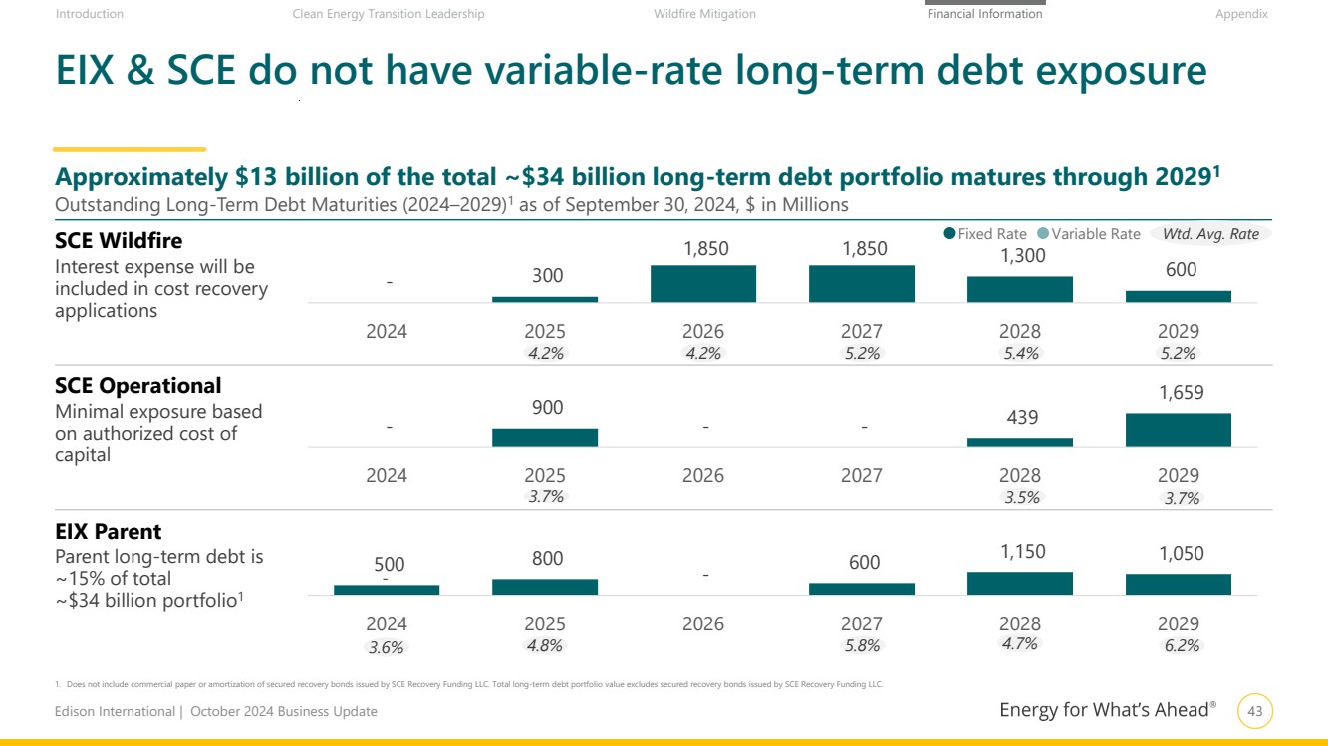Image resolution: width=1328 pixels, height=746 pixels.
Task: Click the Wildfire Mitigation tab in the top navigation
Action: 704,14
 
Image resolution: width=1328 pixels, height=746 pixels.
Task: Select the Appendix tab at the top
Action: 1240,14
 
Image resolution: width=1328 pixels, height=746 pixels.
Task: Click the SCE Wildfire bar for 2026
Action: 703,284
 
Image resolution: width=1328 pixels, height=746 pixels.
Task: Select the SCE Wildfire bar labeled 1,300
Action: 1020,289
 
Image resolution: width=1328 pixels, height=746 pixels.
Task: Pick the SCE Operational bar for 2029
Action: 1179,430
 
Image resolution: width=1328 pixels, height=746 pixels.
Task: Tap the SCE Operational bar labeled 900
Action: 545,437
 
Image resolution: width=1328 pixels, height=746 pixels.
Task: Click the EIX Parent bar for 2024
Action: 387,590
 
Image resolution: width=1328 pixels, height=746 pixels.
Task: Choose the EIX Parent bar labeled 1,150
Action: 1020,584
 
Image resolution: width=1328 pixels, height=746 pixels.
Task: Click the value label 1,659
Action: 1181,393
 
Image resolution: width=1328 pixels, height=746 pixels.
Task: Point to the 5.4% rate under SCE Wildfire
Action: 1020,353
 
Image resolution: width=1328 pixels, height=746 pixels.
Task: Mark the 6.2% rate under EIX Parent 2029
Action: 1182,645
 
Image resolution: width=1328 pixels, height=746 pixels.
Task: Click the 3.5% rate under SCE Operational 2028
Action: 1020,497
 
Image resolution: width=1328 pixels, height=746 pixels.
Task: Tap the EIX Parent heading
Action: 109,532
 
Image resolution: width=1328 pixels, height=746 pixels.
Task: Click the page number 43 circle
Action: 1255,711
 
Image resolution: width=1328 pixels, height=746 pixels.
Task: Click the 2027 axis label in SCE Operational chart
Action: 862,475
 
